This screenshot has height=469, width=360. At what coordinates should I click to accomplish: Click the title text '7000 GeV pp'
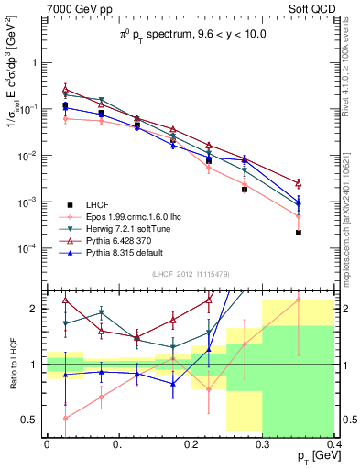pyautogui.click(x=74, y=11)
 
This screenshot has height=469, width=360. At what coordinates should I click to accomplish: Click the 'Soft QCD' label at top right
pyautogui.click(x=312, y=11)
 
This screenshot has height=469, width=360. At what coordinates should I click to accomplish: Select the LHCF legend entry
pyautogui.click(x=100, y=203)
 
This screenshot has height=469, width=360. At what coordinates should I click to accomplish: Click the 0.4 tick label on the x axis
pyautogui.click(x=333, y=443)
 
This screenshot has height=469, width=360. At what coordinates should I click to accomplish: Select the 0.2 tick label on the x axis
pyautogui.click(x=190, y=443)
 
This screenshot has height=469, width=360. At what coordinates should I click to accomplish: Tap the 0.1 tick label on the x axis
pyautogui.click(x=118, y=443)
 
